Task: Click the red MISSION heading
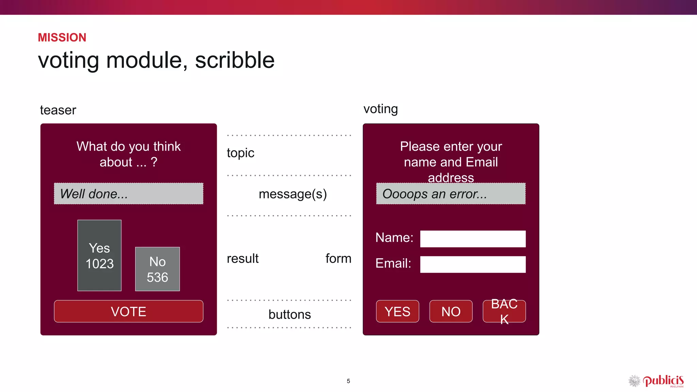click(62, 37)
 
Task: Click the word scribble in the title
click(234, 60)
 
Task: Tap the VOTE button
click(128, 311)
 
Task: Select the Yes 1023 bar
click(99, 256)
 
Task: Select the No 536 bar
click(157, 269)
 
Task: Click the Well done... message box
click(128, 194)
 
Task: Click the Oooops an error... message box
click(451, 194)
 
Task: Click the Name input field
click(472, 239)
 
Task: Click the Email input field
click(472, 264)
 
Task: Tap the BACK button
click(504, 311)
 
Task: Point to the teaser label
click(58, 110)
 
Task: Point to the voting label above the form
click(380, 109)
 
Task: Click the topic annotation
click(240, 153)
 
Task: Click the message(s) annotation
click(293, 194)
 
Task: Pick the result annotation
click(242, 259)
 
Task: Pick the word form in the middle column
click(338, 259)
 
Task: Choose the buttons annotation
click(290, 314)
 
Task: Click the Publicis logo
click(657, 381)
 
